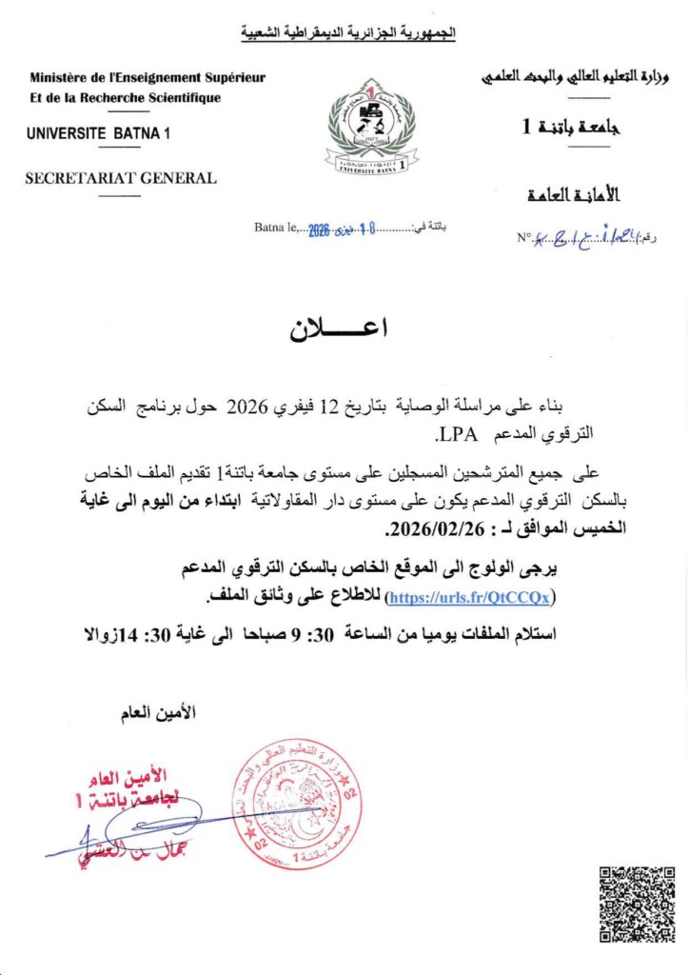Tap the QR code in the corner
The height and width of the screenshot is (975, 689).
637,904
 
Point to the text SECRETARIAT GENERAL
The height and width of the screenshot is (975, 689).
121,177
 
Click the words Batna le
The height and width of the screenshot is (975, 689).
277,228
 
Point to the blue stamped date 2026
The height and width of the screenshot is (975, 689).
318,229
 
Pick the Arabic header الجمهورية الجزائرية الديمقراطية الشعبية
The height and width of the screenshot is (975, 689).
347,34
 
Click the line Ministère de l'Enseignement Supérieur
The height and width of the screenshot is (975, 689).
148,78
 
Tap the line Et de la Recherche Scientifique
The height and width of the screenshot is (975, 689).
125,98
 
